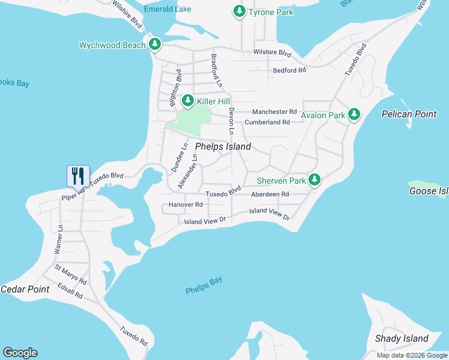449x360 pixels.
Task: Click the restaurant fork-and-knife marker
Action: (x=78, y=176)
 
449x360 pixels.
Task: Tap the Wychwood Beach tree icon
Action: (x=155, y=44)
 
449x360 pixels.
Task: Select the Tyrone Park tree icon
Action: (x=240, y=11)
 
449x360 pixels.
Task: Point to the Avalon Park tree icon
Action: (x=354, y=114)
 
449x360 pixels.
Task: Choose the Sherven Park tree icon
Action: (x=313, y=180)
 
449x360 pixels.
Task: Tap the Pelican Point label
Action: (x=409, y=114)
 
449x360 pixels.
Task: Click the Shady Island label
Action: (x=402, y=338)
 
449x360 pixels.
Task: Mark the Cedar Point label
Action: (x=25, y=289)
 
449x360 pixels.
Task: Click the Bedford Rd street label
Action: (x=289, y=70)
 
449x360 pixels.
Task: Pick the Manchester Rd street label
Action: (x=274, y=112)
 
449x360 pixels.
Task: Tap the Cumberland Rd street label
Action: (x=267, y=122)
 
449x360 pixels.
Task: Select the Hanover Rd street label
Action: (x=185, y=205)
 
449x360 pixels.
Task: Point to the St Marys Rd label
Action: (x=71, y=274)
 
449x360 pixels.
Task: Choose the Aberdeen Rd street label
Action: (x=270, y=194)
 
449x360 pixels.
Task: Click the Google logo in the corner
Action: (x=20, y=353)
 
